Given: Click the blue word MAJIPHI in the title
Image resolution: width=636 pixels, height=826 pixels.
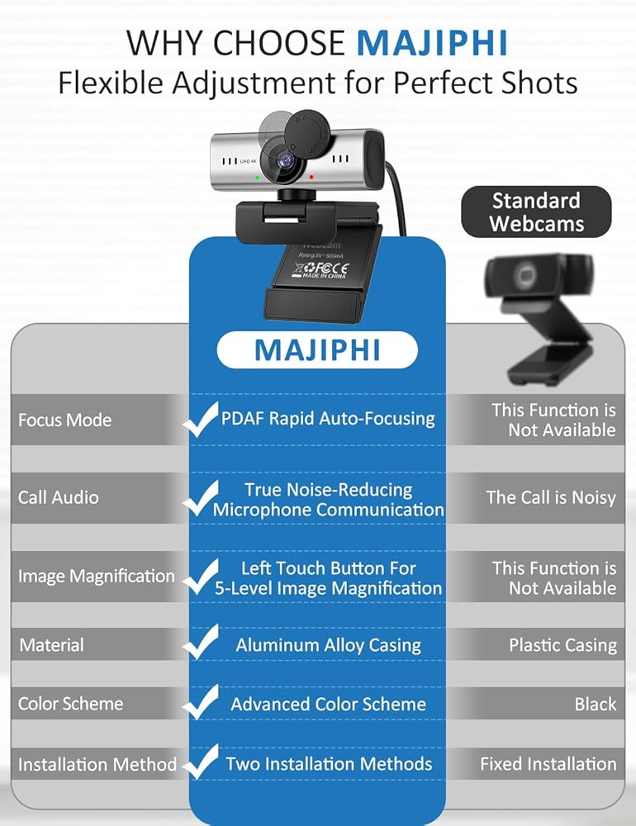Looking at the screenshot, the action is tap(432, 43).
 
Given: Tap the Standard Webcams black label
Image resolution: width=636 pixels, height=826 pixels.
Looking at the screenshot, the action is tap(536, 211).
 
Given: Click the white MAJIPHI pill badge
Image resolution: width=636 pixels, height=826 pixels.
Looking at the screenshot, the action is tap(317, 349).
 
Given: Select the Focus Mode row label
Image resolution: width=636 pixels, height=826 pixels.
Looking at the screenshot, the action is tap(64, 420).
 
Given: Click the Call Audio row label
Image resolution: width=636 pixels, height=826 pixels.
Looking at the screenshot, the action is tap(59, 497).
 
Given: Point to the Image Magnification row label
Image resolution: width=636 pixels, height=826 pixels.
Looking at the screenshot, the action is tap(97, 576).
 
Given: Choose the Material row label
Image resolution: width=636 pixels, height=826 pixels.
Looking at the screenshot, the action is tap(52, 645).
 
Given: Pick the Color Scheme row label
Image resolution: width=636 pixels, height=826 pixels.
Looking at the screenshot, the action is tap(70, 704).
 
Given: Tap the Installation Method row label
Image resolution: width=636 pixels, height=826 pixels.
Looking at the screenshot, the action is tap(97, 764).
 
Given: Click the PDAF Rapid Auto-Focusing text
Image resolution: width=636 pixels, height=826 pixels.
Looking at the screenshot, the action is tap(328, 419).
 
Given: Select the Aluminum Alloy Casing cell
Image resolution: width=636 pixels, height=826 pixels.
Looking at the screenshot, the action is tap(328, 645).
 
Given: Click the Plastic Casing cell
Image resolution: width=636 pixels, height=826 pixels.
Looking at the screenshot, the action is tap(562, 645).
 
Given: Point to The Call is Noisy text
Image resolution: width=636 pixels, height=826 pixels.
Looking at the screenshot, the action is tap(551, 497).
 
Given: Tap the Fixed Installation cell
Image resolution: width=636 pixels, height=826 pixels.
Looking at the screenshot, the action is tap(548, 764).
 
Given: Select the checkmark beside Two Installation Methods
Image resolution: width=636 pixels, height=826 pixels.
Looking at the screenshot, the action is tap(201, 762).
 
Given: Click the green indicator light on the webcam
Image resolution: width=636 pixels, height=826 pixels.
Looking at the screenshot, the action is tap(257, 178).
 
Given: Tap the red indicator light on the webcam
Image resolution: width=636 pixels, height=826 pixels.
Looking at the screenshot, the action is tap(311, 177).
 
